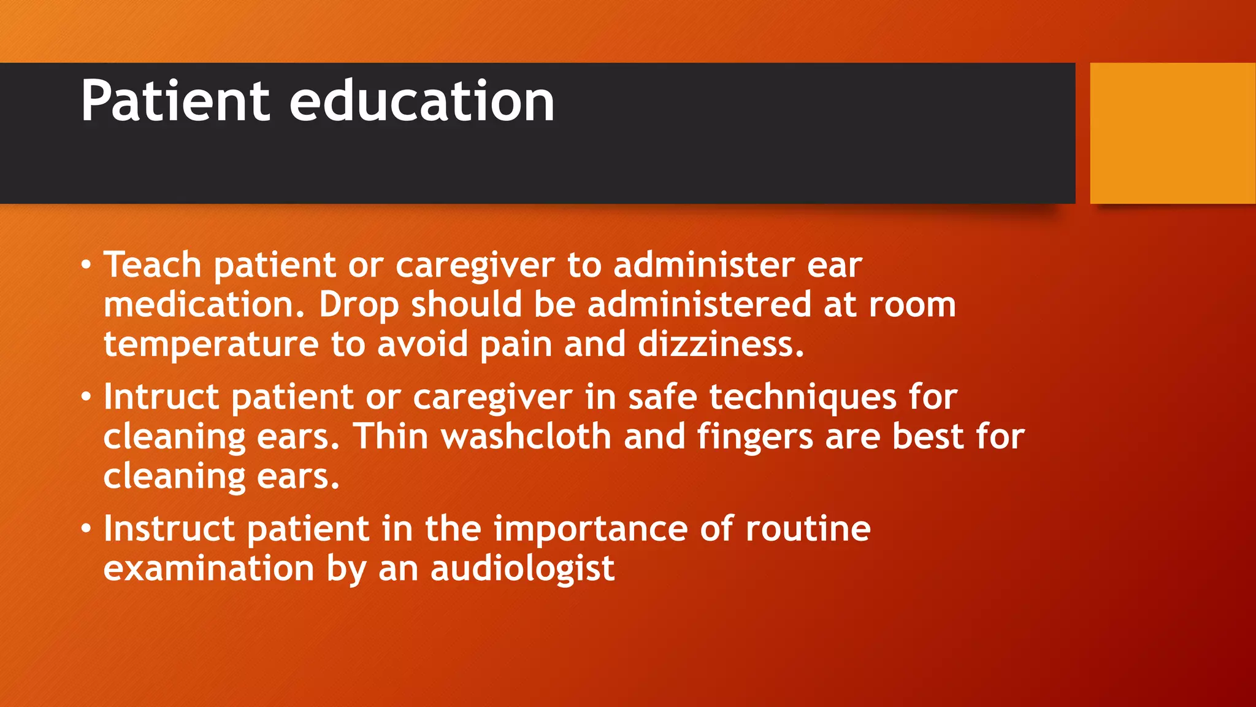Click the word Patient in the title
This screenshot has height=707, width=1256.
coord(175,101)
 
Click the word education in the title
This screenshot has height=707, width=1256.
coord(422,101)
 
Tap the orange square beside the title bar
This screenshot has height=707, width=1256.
coord(1173,133)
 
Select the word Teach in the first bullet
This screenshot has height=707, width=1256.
coord(152,265)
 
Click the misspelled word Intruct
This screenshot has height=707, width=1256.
coord(161,397)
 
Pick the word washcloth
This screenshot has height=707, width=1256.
coord(526,437)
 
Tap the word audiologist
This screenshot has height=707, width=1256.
coord(523,569)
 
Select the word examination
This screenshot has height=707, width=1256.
coord(209,569)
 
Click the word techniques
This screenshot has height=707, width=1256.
coord(803,397)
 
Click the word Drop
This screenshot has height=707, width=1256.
coord(359,305)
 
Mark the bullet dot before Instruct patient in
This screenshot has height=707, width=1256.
coord(86,530)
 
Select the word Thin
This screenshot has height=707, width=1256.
coord(391,437)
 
